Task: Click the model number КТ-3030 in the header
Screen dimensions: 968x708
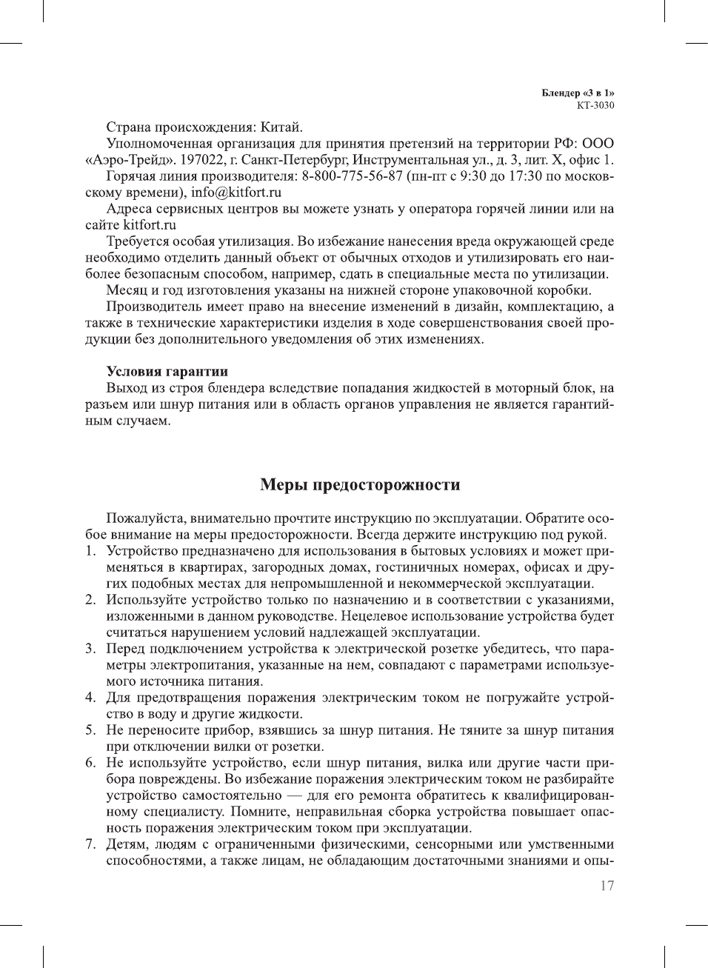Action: click(595, 105)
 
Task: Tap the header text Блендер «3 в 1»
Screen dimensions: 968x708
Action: click(578, 93)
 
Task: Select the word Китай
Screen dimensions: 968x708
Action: click(281, 127)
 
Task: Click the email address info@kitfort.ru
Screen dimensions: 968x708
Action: click(236, 193)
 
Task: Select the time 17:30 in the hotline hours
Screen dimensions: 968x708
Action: click(524, 176)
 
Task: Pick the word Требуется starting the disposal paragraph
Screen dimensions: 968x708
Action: click(138, 241)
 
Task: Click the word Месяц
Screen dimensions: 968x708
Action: click(127, 290)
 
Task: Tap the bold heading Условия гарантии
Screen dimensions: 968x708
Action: click(167, 372)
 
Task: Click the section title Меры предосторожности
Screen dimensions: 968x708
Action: click(360, 485)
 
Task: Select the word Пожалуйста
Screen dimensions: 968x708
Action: click(147, 518)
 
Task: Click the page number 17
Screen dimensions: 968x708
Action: click(607, 886)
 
